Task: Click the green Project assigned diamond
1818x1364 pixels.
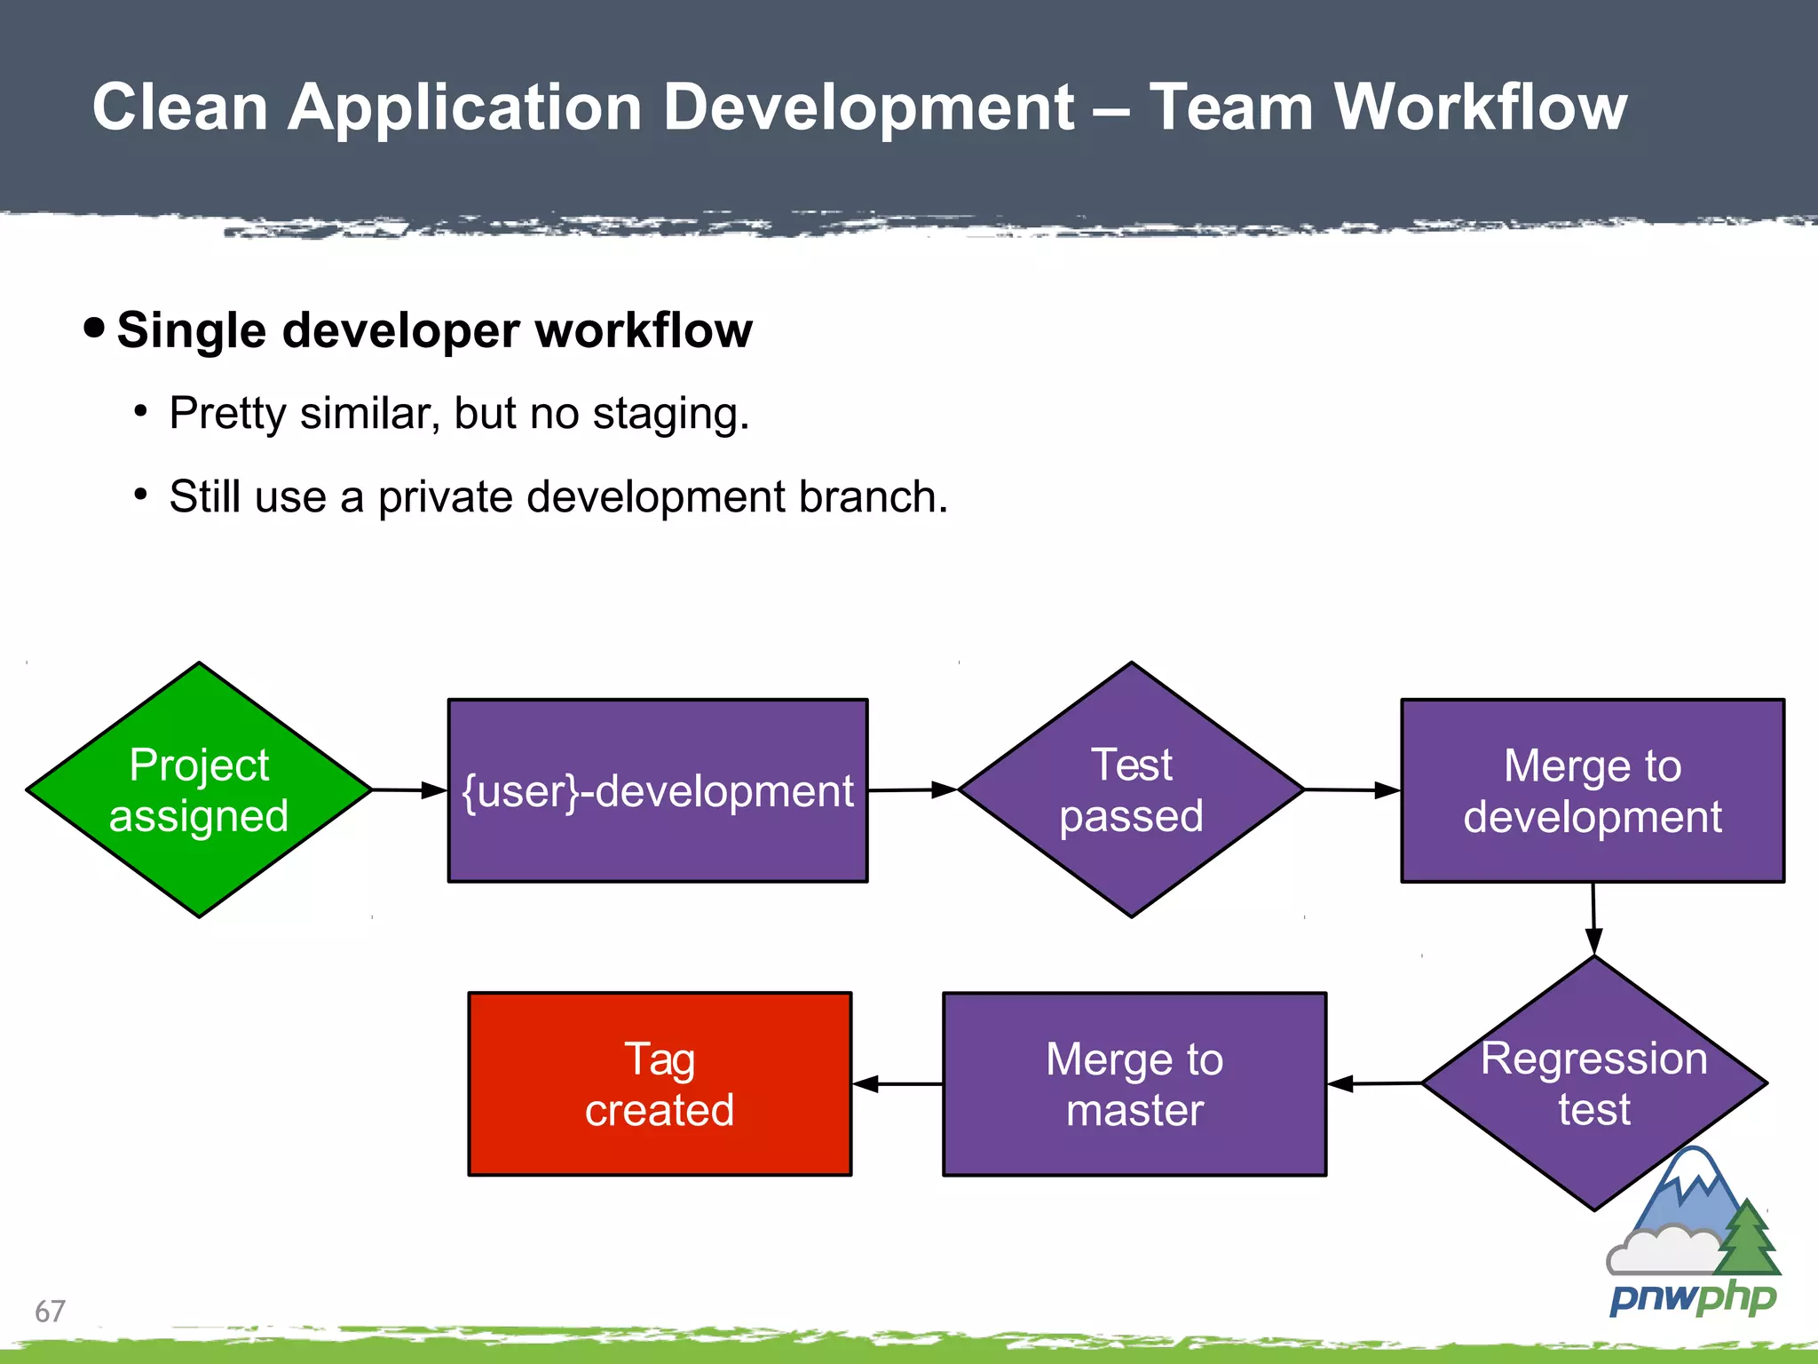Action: coord(199,789)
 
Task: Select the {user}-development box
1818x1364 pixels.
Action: coord(658,790)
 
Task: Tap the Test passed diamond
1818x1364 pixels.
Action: coord(1131,789)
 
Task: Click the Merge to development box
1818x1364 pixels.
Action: coord(1593,790)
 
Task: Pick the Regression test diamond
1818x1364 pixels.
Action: coord(1593,1082)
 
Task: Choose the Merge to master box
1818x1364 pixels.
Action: coord(1134,1084)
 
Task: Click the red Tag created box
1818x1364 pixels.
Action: coord(660,1084)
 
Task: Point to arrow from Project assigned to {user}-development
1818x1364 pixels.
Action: coord(409,789)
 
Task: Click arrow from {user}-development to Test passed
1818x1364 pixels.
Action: coord(913,789)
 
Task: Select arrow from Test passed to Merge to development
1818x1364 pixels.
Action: coord(1352,789)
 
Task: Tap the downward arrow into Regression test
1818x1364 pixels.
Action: coord(1593,919)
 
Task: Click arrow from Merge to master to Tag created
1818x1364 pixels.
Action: coord(897,1084)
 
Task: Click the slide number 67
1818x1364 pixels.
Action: coord(50,1311)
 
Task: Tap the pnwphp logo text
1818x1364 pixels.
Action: coord(1692,1298)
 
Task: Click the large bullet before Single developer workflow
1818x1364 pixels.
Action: coord(94,328)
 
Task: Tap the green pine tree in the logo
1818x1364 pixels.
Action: coord(1747,1240)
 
